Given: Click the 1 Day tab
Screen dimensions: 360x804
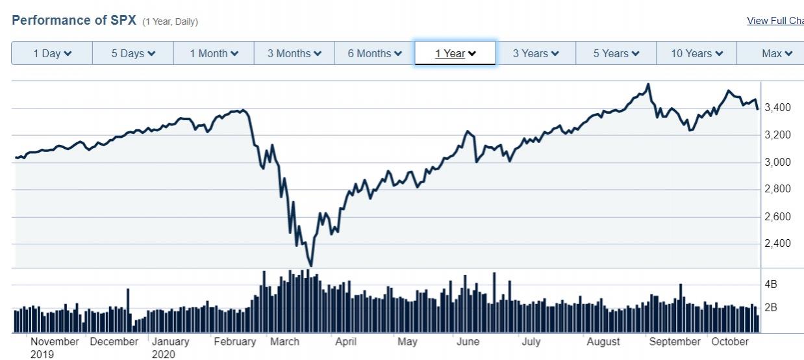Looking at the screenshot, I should [53, 53].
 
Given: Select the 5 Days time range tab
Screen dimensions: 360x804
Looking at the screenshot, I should [133, 53].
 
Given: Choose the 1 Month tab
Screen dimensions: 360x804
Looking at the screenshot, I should [214, 53].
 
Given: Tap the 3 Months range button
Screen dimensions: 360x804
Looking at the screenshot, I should [294, 53].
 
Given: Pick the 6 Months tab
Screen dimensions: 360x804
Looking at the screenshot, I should [375, 53].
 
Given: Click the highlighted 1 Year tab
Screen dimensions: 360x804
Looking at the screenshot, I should [455, 53].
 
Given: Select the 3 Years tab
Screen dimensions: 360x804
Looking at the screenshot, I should [536, 53].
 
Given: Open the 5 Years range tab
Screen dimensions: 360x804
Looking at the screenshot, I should [616, 53].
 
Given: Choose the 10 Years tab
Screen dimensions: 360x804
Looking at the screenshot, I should [697, 53].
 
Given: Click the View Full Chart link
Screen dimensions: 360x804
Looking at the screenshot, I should [775, 21].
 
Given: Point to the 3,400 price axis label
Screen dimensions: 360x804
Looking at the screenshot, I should [777, 108].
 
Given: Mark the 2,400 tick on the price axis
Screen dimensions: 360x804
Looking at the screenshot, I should [777, 244].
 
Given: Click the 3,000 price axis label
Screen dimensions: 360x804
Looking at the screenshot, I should [777, 162].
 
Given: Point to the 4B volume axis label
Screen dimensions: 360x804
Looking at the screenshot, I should [771, 285].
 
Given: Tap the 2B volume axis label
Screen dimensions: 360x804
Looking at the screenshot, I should [771, 307].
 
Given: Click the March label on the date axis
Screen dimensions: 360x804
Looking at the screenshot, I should [284, 342].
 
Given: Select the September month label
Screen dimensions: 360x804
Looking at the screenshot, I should [675, 342].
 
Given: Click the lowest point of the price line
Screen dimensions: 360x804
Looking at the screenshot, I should [311, 266].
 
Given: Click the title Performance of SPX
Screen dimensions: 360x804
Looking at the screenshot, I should [74, 20].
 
